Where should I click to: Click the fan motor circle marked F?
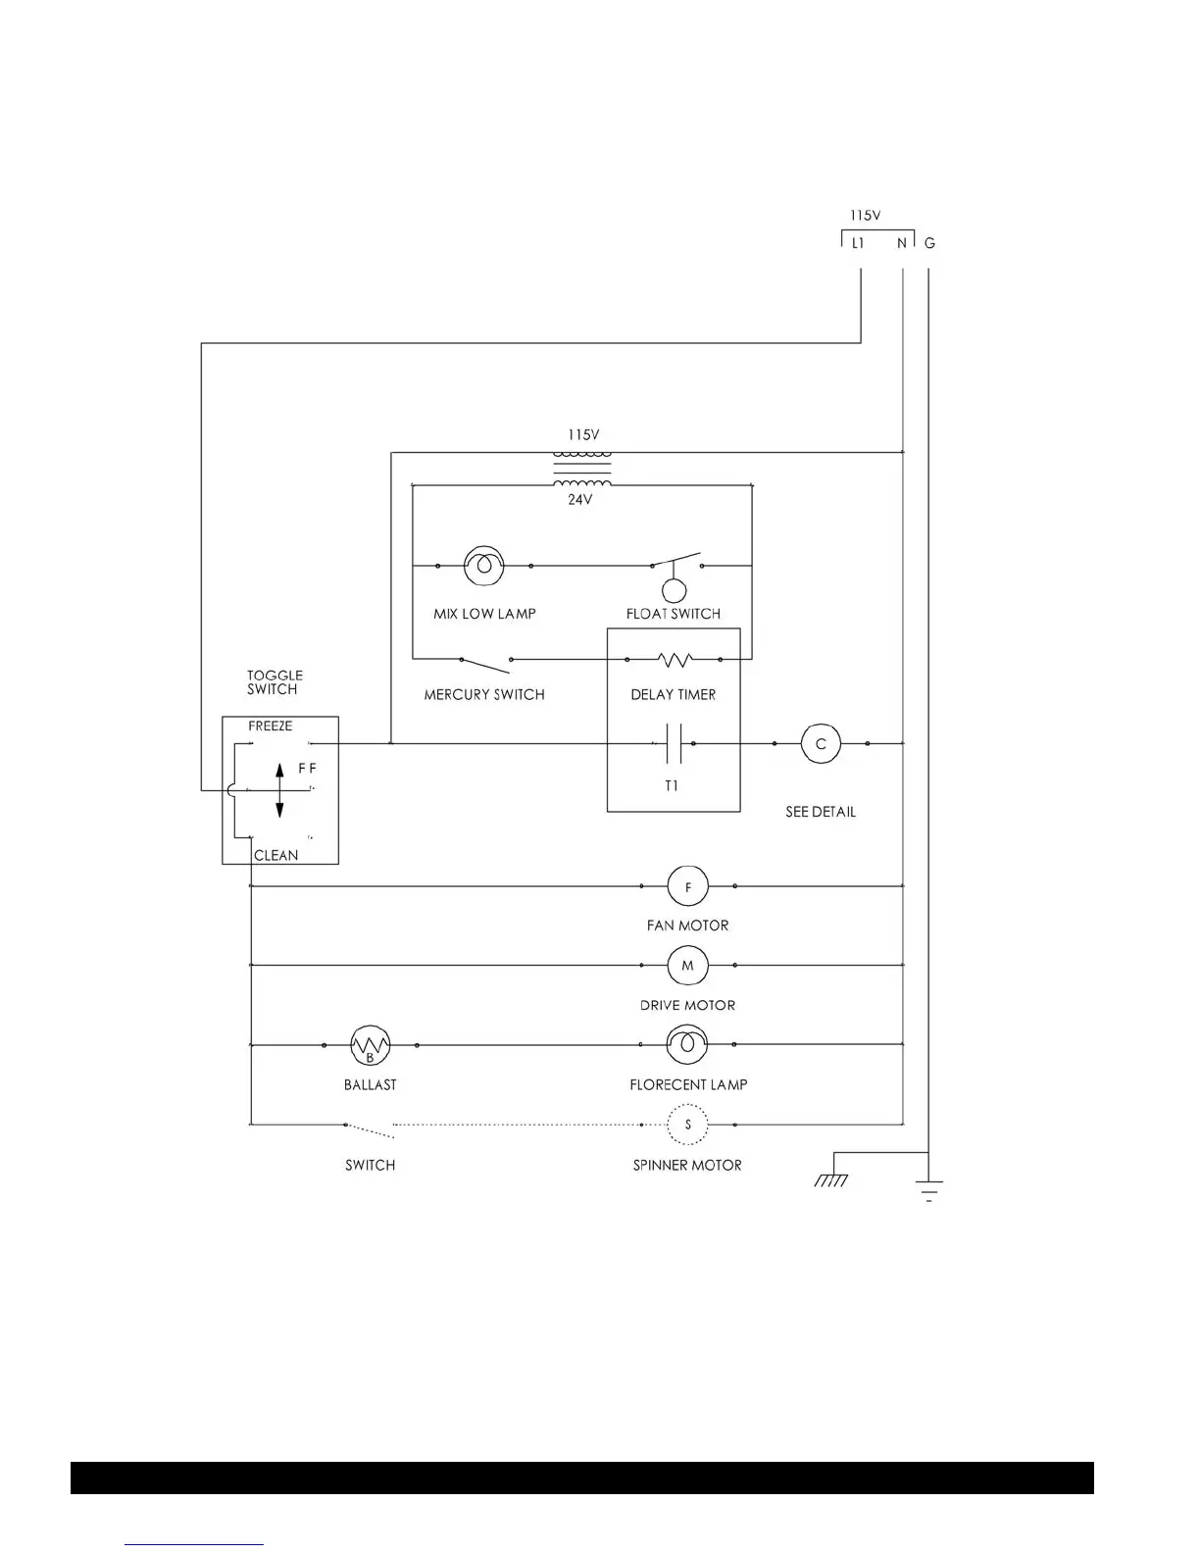point(687,886)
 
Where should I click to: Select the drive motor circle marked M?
point(687,966)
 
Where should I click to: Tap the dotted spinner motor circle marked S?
point(687,1125)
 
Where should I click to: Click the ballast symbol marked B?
point(370,1046)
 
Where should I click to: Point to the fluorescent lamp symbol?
point(687,1045)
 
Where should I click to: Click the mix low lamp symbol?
point(483,566)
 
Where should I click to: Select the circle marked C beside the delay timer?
point(821,744)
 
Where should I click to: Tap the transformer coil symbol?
point(582,469)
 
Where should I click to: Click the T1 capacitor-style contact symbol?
point(673,744)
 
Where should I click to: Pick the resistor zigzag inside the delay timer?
point(674,660)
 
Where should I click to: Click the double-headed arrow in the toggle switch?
point(279,790)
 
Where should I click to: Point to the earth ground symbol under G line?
point(927,1189)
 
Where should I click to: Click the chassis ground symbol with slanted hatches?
point(830,1179)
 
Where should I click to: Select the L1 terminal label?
point(858,243)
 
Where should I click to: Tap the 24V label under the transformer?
point(580,500)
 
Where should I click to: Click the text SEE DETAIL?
point(821,812)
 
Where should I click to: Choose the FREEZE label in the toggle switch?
point(270,726)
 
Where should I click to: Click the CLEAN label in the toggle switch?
point(275,855)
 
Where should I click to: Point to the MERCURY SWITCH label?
point(484,694)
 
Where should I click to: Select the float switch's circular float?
point(674,590)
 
